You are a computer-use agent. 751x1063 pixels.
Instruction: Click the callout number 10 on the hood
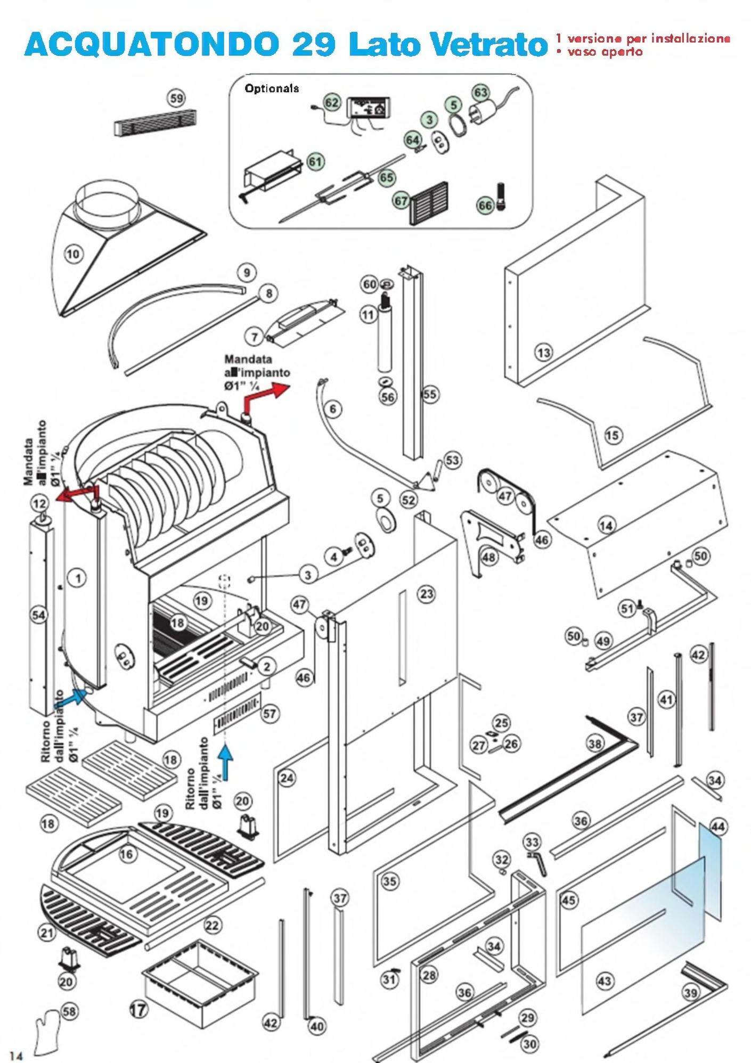(x=73, y=254)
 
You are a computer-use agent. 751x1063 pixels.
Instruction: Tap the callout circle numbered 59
(x=176, y=98)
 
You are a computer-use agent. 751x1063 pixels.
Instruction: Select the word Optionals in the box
(x=272, y=88)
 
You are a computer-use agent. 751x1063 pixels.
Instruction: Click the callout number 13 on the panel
(x=544, y=352)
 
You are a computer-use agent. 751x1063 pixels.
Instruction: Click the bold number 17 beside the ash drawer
(x=140, y=1008)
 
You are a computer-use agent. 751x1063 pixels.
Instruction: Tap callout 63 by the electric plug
(x=480, y=93)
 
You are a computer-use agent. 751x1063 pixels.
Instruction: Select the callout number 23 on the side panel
(x=427, y=594)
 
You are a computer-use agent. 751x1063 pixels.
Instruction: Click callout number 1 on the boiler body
(x=78, y=577)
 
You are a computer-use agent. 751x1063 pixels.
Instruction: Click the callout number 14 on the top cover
(x=606, y=526)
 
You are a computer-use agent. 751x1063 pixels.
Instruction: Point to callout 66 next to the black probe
(x=485, y=206)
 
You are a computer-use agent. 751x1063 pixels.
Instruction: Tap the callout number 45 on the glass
(x=569, y=900)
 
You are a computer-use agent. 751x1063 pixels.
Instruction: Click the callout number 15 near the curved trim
(x=613, y=435)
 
